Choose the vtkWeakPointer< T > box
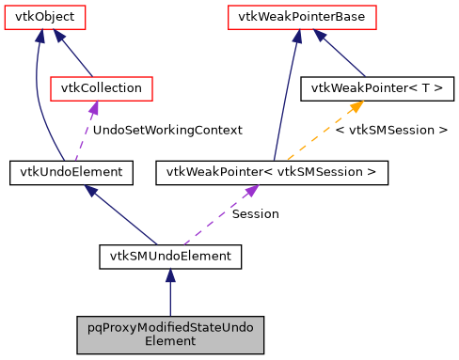pos(376,88)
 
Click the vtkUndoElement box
pos(71,172)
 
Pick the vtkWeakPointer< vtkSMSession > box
pos(271,172)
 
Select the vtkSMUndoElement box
pos(170,255)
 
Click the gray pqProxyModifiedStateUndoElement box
pos(170,333)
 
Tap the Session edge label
pos(255,213)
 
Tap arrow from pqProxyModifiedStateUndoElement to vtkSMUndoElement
pos(170,291)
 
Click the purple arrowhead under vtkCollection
pos(92,109)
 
